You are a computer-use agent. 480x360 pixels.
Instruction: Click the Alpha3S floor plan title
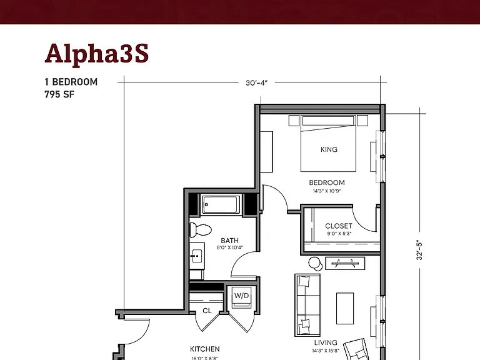[x=97, y=54]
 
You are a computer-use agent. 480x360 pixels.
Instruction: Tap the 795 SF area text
[x=59, y=94]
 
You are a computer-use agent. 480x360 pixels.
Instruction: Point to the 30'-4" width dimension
[x=256, y=82]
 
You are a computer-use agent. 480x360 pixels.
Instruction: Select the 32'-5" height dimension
[x=419, y=250]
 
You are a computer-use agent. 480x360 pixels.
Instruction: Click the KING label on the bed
[x=329, y=149]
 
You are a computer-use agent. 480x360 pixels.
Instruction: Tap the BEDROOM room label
[x=327, y=182]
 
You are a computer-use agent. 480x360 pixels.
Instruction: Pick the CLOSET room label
[x=339, y=226]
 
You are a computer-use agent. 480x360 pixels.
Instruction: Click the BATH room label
[x=229, y=241]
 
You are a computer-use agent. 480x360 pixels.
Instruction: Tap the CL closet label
[x=207, y=311]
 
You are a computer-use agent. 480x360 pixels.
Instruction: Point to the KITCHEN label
[x=205, y=349]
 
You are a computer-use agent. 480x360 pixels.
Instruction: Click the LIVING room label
[x=326, y=342]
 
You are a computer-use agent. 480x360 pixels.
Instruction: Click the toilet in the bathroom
[x=201, y=230]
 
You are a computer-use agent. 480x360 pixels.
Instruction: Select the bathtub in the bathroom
[x=221, y=204]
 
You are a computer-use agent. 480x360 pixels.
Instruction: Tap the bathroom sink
[x=196, y=255]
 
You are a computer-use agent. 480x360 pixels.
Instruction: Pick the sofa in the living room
[x=307, y=305]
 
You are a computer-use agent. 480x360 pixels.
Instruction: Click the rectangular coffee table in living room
[x=345, y=308]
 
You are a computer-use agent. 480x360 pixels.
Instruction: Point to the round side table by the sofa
[x=315, y=263]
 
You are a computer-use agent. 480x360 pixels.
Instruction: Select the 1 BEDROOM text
[x=71, y=82]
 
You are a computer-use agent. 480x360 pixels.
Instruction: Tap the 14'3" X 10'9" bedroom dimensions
[x=327, y=191]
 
